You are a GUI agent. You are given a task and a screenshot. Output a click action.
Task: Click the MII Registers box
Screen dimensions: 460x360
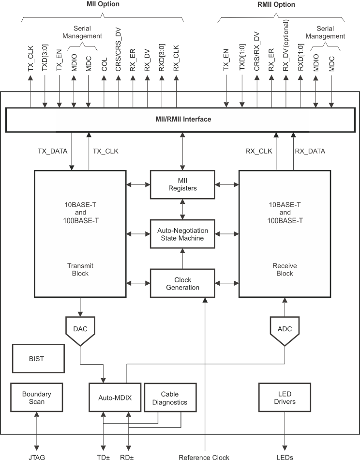[x=182, y=184]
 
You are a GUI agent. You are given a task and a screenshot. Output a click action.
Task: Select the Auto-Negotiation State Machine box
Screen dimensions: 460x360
[x=182, y=234]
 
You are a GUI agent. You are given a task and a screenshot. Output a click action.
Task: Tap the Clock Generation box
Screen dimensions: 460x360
[x=182, y=283]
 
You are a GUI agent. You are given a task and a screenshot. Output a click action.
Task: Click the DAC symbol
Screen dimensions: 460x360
[x=80, y=329]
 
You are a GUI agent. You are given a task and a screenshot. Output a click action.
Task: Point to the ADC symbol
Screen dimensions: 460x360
[x=285, y=329]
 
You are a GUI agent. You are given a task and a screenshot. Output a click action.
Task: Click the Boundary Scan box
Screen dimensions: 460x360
[x=37, y=397]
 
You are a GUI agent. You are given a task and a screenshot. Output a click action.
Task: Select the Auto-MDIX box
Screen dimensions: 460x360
[x=115, y=398]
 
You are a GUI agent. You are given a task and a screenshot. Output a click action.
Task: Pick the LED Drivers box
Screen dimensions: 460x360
[x=284, y=397]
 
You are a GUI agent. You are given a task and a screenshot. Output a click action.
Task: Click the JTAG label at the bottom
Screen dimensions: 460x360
[x=37, y=456]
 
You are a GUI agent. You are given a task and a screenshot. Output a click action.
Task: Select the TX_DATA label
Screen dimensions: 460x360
[x=52, y=151]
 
